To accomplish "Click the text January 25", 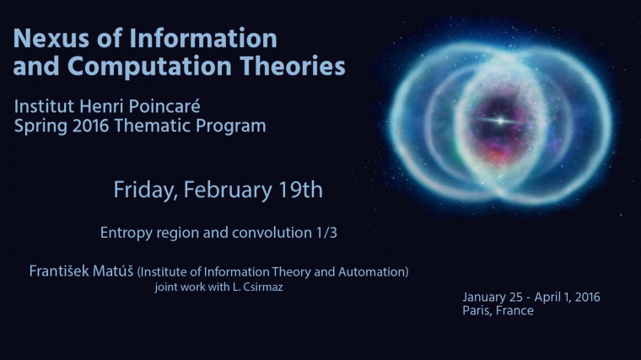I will (493, 297).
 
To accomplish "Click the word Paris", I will (477, 310).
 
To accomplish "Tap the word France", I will (516, 310).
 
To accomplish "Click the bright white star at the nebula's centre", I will (503, 121).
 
